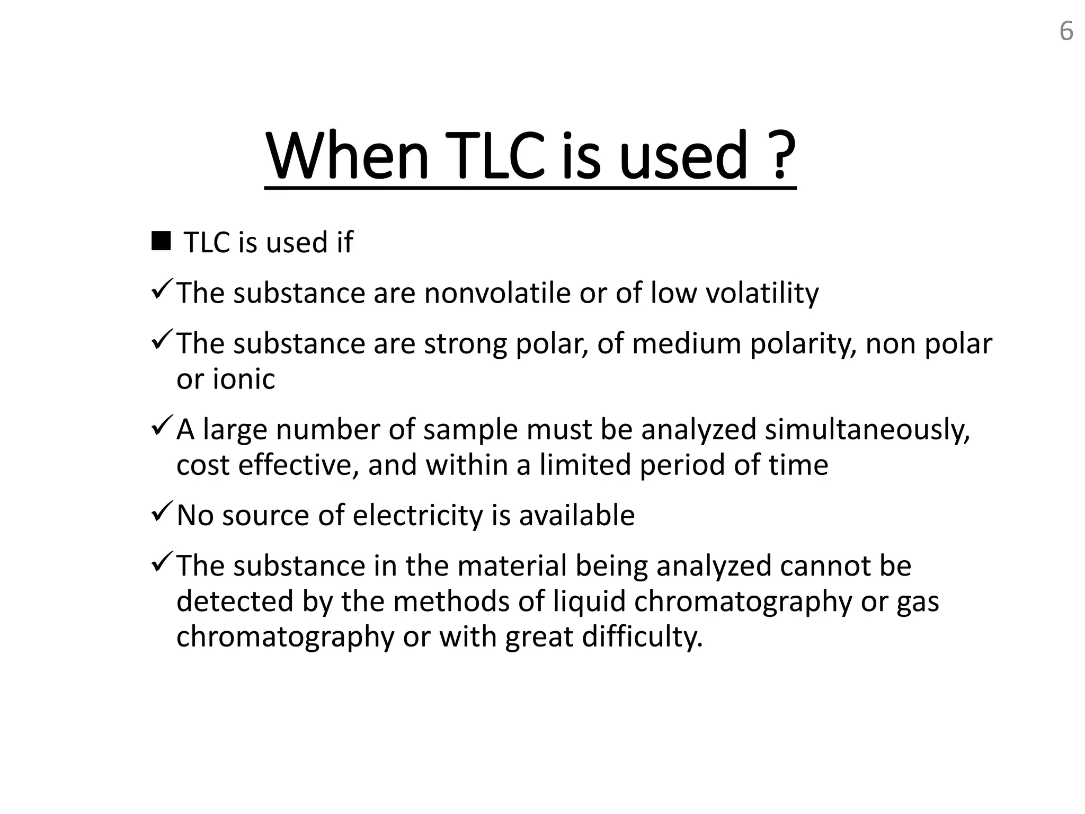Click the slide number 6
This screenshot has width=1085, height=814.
click(1066, 31)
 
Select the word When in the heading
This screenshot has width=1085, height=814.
click(348, 156)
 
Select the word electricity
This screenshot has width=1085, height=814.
click(418, 516)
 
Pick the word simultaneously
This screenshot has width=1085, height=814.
click(867, 430)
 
